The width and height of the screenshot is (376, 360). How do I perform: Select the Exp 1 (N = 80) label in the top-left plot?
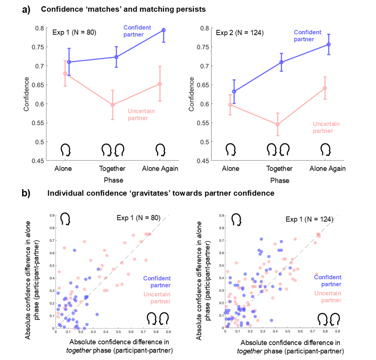[74, 32]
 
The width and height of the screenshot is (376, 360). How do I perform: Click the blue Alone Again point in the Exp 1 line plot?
[163, 30]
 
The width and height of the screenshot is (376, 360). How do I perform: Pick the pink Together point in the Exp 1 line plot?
[113, 105]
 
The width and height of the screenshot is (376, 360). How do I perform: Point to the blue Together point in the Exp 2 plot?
[281, 62]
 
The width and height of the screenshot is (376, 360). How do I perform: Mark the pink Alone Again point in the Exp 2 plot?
[325, 88]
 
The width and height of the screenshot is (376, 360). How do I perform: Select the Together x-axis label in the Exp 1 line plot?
[113, 169]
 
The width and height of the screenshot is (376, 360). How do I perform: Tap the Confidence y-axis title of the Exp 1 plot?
[27, 94]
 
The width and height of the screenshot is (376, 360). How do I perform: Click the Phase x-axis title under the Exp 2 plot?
[279, 180]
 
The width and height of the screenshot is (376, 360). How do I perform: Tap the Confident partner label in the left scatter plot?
[156, 282]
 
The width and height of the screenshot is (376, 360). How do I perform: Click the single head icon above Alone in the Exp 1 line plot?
[66, 150]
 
